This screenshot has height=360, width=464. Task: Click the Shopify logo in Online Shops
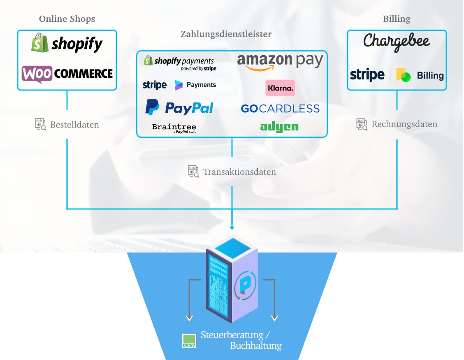pyautogui.click(x=67, y=44)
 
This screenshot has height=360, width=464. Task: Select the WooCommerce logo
pyautogui.click(x=67, y=74)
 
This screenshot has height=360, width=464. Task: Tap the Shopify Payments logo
pyautogui.click(x=180, y=63)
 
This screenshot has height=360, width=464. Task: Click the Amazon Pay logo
pyautogui.click(x=280, y=62)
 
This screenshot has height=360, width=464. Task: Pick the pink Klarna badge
pyautogui.click(x=280, y=88)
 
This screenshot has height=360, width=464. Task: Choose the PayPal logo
pyautogui.click(x=179, y=108)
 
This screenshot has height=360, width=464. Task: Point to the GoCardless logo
pyautogui.click(x=280, y=109)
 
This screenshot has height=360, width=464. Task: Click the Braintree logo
pyautogui.click(x=174, y=128)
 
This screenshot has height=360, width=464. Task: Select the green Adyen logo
pyautogui.click(x=279, y=127)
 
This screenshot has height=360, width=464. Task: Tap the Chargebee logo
pyautogui.click(x=397, y=42)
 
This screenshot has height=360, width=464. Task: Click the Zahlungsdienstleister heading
pyautogui.click(x=226, y=34)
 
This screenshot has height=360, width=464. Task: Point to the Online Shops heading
pyautogui.click(x=67, y=19)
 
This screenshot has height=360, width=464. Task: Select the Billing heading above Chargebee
pyautogui.click(x=397, y=19)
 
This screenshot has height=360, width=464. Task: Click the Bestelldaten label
pyautogui.click(x=74, y=125)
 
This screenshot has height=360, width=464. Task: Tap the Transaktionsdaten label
pyautogui.click(x=239, y=172)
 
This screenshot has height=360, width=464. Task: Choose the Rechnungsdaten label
pyautogui.click(x=404, y=124)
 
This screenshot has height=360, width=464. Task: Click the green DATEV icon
pyautogui.click(x=189, y=341)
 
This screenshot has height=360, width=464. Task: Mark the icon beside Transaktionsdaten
pyautogui.click(x=193, y=172)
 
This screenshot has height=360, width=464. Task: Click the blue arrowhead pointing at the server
pyautogui.click(x=232, y=228)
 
